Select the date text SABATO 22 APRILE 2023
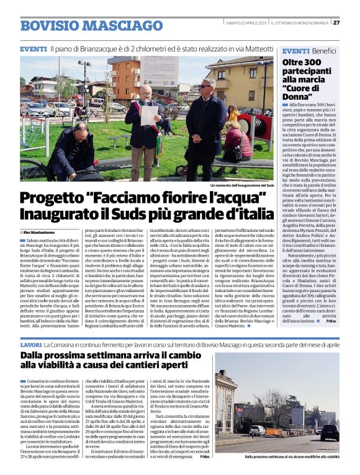click(246, 23)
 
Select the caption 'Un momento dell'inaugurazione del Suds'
click(242, 185)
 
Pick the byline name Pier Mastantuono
click(43, 231)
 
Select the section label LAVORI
click(31, 344)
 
